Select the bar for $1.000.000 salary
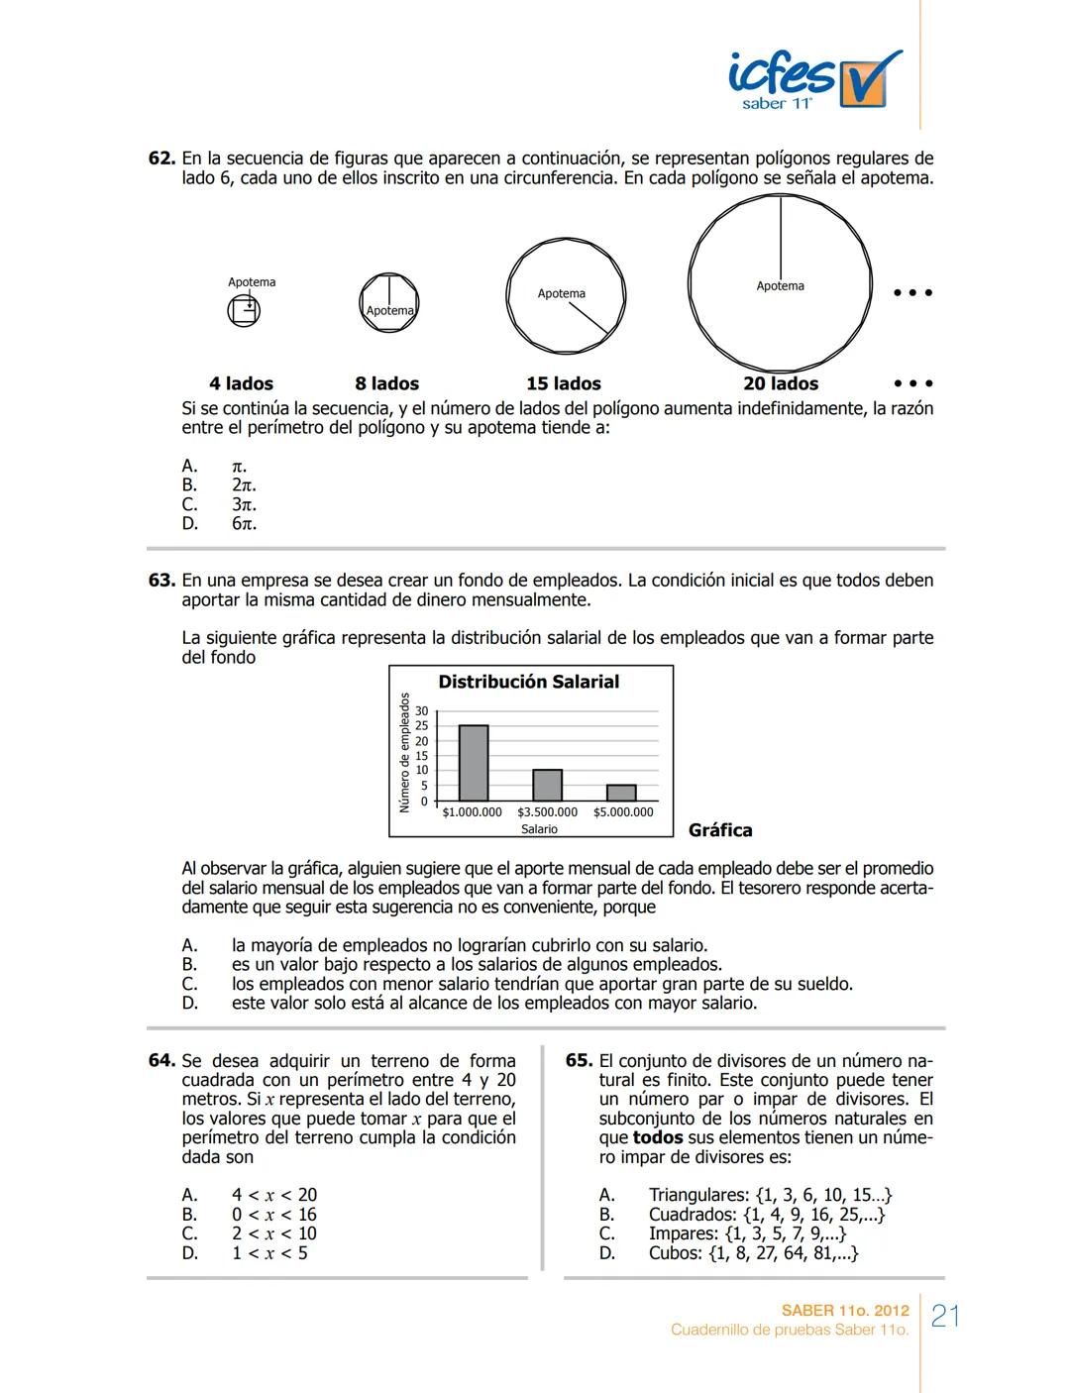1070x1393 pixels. (474, 763)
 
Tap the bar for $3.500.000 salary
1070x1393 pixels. (547, 785)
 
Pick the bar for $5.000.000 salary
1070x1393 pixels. (621, 793)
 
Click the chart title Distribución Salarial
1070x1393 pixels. (528, 682)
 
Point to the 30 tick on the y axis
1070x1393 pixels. (421, 711)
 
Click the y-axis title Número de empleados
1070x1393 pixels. (404, 753)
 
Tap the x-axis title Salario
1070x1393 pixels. (539, 829)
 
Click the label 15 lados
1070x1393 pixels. (563, 383)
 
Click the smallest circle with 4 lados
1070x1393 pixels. (243, 312)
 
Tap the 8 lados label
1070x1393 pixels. (386, 383)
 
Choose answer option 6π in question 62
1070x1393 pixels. (244, 523)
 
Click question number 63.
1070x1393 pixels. (161, 581)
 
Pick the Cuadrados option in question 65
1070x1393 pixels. (766, 1215)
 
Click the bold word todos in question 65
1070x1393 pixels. (659, 1137)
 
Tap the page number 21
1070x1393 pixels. (946, 1316)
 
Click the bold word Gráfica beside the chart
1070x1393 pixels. (720, 830)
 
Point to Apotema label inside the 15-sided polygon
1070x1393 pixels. (562, 293)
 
